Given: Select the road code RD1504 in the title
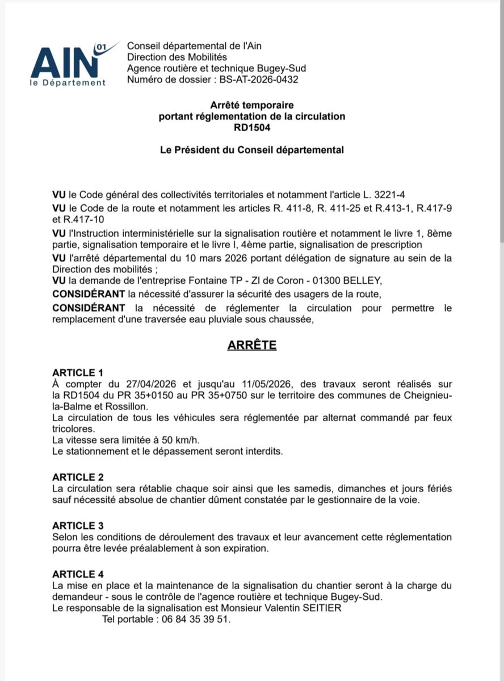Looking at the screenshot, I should tap(252, 128).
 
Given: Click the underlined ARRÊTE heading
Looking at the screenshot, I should tap(252, 345).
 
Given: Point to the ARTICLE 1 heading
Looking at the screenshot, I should tap(78, 373).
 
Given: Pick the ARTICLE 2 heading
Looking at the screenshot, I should tap(78, 478).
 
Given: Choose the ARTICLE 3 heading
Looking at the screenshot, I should tap(78, 526).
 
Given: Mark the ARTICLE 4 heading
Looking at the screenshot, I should tap(78, 574).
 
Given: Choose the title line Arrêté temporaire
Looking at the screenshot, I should tap(252, 105).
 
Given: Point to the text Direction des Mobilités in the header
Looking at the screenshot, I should tap(177, 57).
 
